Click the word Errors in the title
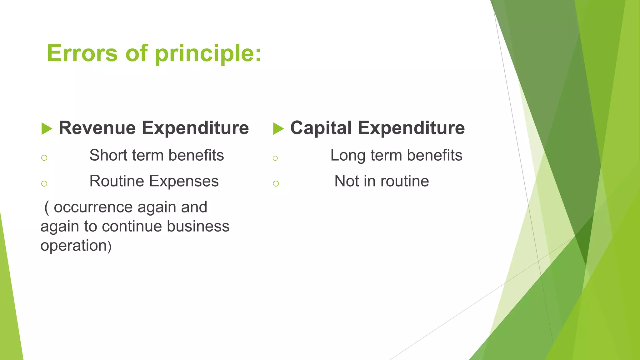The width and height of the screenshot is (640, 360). click(82, 53)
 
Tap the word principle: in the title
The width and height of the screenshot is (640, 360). click(208, 54)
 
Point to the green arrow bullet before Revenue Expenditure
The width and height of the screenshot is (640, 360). click(47, 129)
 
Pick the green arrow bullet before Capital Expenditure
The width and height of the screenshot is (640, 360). click(278, 129)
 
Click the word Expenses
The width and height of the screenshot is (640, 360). click(184, 182)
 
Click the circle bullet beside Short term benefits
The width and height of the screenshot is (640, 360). click(44, 158)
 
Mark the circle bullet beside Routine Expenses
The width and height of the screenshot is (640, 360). click(44, 183)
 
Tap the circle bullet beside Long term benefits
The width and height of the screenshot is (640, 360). click(275, 158)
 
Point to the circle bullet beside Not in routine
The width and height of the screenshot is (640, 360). click(276, 183)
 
